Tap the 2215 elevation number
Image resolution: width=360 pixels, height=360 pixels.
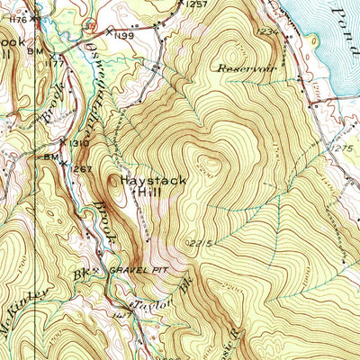pos(199,243)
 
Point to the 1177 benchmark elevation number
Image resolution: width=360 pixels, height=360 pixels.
pos(56,64)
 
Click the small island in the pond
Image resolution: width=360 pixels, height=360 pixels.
pos(314,40)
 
